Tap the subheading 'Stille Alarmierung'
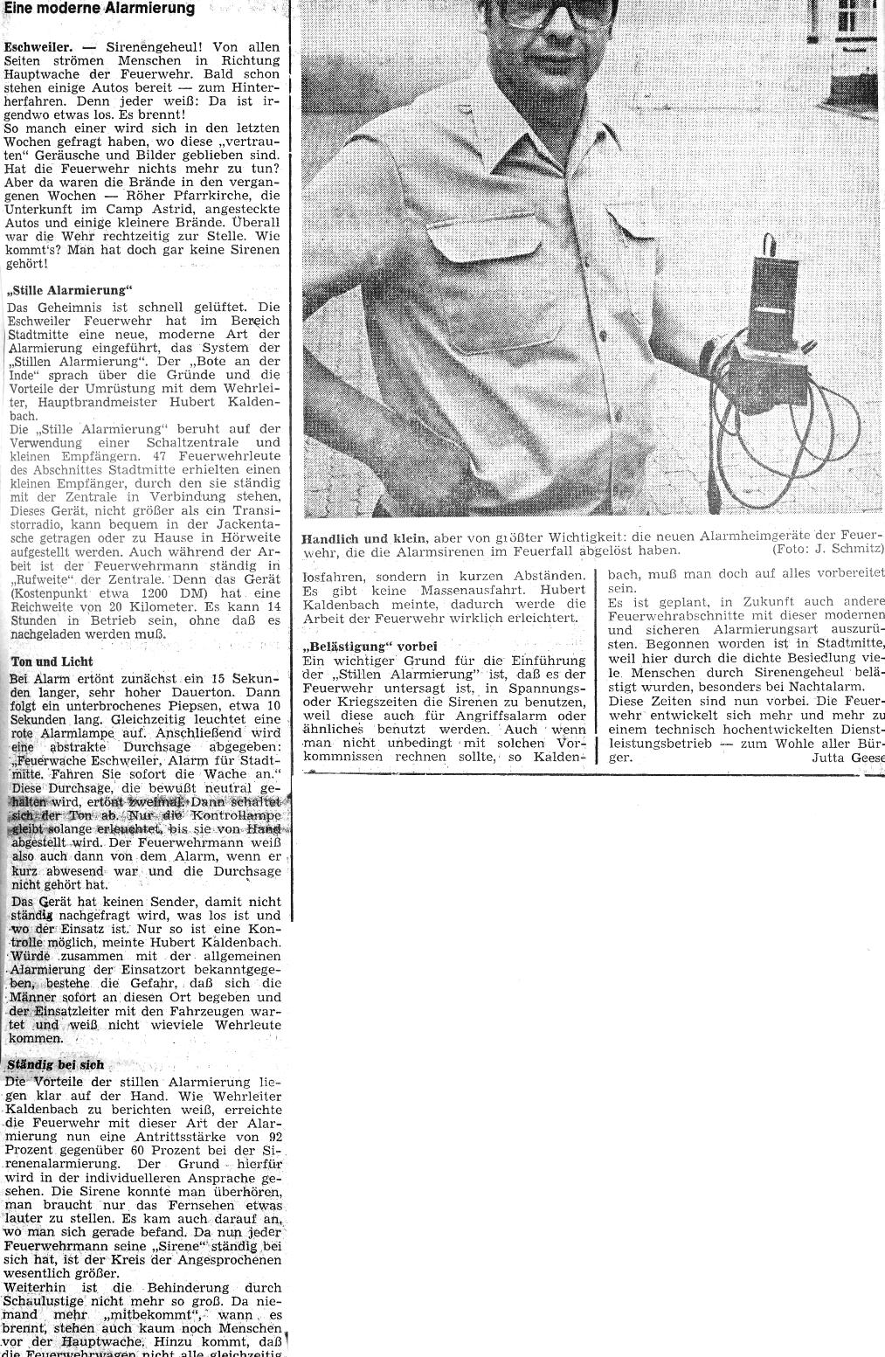coord(68,290)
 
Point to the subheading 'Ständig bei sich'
coord(56,1064)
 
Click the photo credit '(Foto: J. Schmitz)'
coord(827,550)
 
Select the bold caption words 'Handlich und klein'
coord(363,537)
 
